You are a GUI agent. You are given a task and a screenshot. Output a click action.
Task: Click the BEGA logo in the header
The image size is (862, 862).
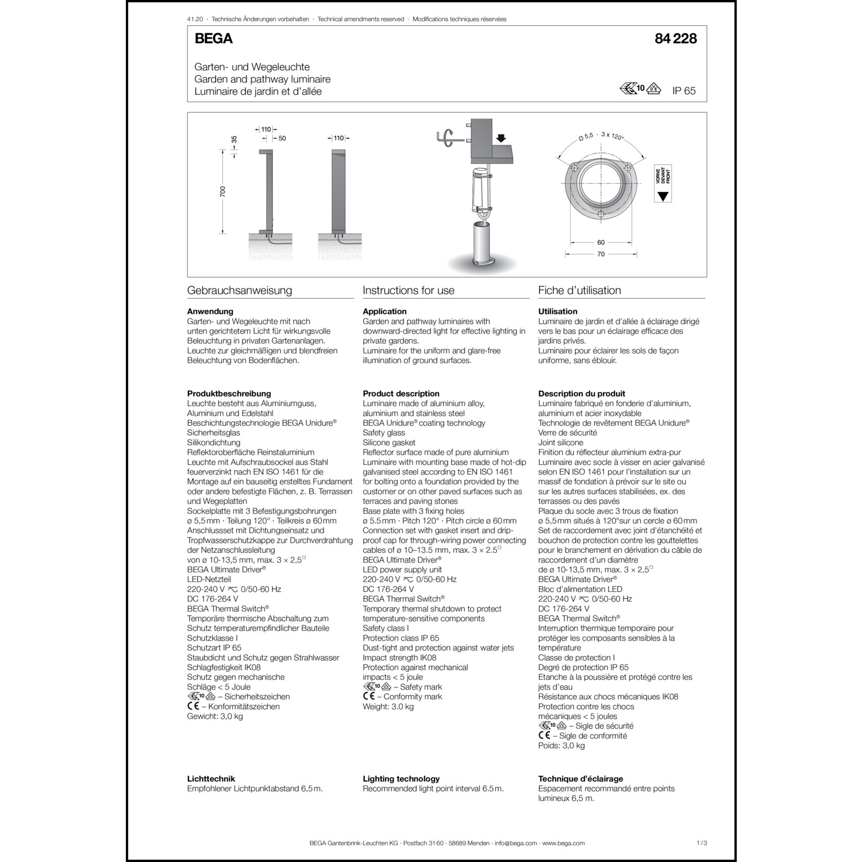[213, 39]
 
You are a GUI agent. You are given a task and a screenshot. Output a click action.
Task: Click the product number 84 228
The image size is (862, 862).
[675, 39]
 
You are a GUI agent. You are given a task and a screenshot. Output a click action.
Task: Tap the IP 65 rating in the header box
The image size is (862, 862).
[684, 91]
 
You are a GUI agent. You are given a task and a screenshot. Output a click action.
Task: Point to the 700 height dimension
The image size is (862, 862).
[223, 191]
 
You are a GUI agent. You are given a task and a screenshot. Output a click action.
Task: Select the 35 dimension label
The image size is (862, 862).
[234, 140]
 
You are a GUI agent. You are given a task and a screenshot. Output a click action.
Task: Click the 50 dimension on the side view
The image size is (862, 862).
[282, 138]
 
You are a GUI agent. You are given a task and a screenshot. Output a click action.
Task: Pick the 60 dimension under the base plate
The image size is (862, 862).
[601, 243]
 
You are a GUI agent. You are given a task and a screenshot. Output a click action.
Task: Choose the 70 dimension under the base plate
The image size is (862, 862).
[601, 254]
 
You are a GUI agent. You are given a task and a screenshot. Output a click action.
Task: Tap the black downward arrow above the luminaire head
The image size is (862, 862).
[501, 138]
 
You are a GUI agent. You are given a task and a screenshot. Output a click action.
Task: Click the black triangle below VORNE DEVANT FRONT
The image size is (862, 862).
[663, 196]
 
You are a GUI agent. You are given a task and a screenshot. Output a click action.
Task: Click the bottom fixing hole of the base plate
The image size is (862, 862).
[601, 215]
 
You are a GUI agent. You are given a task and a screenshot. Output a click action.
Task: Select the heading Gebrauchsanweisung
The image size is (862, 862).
[240, 290]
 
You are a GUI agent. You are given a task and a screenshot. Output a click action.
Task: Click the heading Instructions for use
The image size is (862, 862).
[409, 290]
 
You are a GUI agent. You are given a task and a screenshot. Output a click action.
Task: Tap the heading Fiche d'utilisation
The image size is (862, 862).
[579, 290]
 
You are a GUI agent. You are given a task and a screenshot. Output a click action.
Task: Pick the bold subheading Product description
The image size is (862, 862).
[401, 394]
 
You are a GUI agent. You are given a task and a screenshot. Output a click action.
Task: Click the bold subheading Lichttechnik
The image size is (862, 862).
[211, 779]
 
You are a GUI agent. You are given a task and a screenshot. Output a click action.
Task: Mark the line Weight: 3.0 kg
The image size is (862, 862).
[388, 706]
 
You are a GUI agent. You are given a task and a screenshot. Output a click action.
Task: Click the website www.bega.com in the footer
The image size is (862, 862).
[563, 843]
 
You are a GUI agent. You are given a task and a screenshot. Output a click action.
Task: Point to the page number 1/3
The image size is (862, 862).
[701, 843]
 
